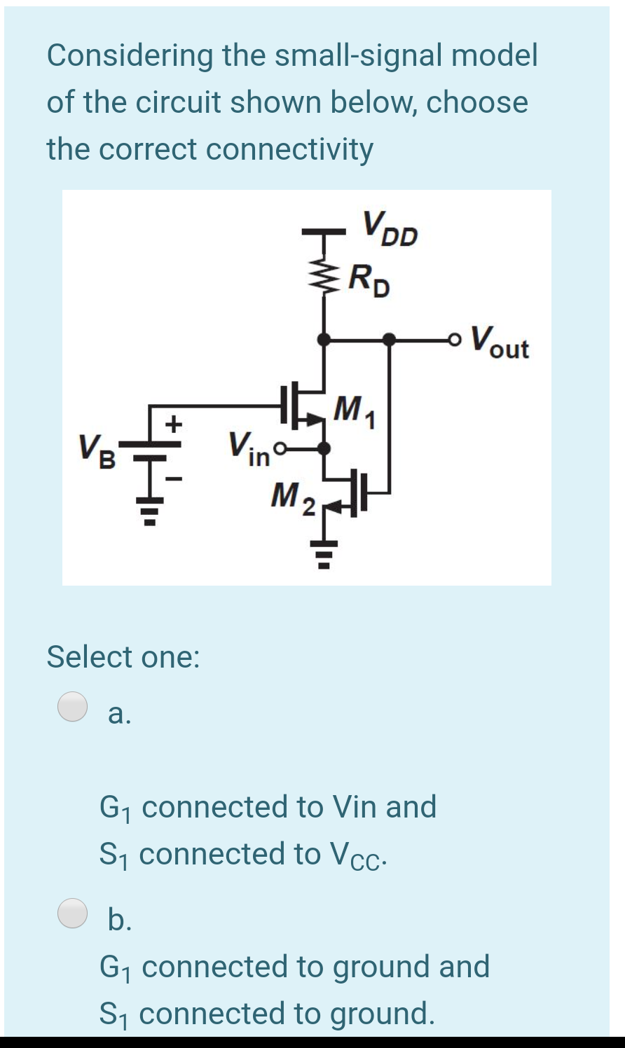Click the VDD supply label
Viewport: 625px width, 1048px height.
pos(390,228)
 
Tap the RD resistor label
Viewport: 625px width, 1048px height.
pos(371,280)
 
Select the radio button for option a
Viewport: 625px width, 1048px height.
pos(73,706)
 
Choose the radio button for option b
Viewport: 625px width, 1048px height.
pos(73,913)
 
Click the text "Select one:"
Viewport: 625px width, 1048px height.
pos(123,657)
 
